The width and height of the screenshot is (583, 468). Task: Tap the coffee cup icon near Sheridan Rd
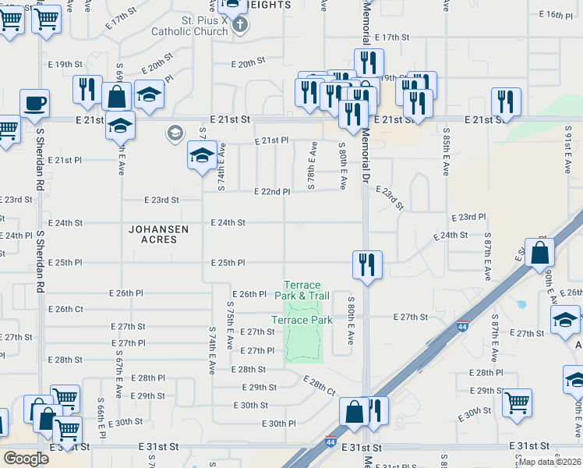34,104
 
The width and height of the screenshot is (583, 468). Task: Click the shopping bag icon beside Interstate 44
539,253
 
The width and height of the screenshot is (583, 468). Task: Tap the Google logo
26,458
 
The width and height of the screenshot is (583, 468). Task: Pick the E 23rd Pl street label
468,217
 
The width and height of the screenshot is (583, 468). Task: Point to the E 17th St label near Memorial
392,37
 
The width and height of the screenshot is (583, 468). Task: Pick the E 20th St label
249,63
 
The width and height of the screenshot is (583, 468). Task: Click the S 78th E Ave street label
312,165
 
